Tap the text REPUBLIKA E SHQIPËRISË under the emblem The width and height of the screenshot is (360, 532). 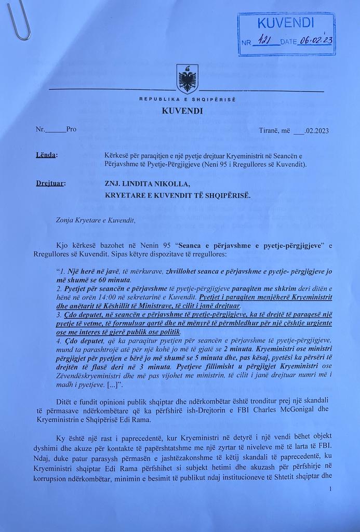(187, 99)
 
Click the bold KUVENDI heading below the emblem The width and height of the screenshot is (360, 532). (182, 111)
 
